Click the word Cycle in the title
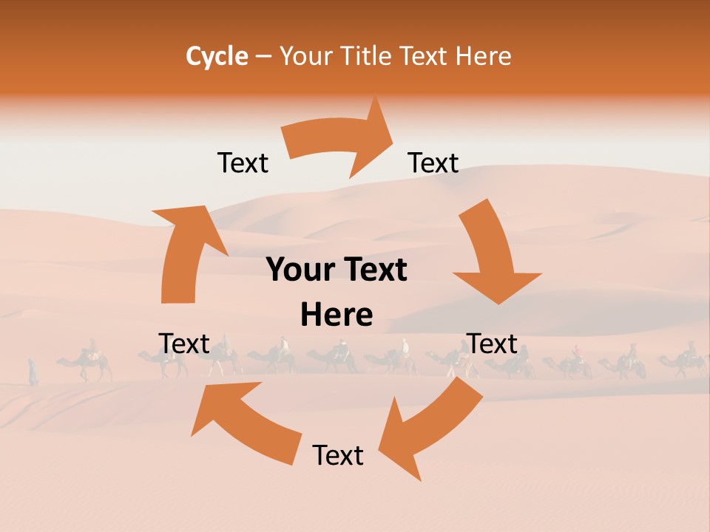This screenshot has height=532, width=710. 217,56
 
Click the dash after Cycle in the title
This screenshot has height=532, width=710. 263,57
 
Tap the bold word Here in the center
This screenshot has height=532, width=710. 337,316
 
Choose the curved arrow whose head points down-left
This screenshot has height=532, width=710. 429,429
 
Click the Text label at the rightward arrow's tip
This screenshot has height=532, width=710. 433,163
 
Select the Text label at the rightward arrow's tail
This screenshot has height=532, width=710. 243,163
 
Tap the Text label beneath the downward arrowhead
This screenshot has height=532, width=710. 492,344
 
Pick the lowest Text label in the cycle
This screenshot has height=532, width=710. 338,455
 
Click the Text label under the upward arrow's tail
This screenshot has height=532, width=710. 184,344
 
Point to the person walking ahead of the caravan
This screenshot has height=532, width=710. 33,371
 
